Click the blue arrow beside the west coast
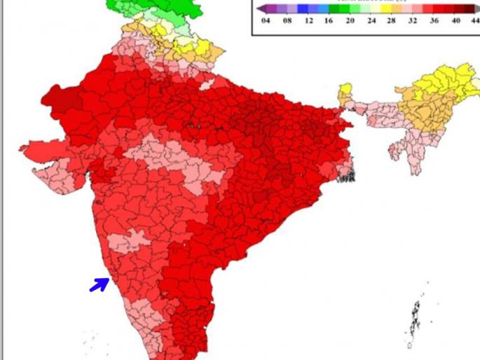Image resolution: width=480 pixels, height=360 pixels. coord(100,284)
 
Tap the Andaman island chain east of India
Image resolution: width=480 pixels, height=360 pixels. coord(416,315)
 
